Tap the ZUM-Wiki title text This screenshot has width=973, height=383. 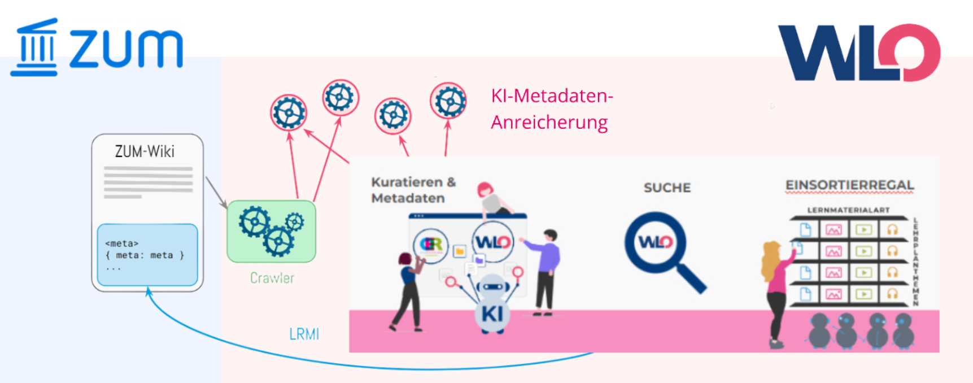point(145,151)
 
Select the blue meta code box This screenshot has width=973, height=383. point(147,255)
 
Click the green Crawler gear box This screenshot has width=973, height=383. point(272,231)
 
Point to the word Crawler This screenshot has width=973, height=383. point(272,278)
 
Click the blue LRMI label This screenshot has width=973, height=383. point(304,334)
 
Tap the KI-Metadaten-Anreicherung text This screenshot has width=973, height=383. point(551,109)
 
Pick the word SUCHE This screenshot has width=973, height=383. point(667,188)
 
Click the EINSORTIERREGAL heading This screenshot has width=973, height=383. point(849,185)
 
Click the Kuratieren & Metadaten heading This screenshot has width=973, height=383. point(413,190)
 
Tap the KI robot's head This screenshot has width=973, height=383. point(493,286)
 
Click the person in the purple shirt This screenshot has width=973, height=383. point(546,271)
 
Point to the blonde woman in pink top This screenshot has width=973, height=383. point(776,288)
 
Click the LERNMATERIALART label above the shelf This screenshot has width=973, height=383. point(848,210)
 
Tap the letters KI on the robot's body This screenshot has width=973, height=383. point(492,314)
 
